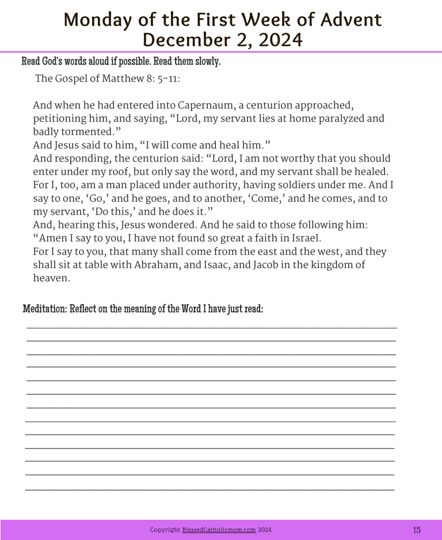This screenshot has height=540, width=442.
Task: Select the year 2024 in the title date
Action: click(275, 40)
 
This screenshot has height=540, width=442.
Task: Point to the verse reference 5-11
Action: click(169, 79)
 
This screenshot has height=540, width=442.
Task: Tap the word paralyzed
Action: click(333, 119)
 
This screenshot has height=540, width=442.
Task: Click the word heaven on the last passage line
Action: click(51, 278)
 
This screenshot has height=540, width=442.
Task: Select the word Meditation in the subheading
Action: click(45, 309)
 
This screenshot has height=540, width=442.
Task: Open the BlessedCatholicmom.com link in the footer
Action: click(219, 530)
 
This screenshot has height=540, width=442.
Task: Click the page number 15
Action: click(417, 530)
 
